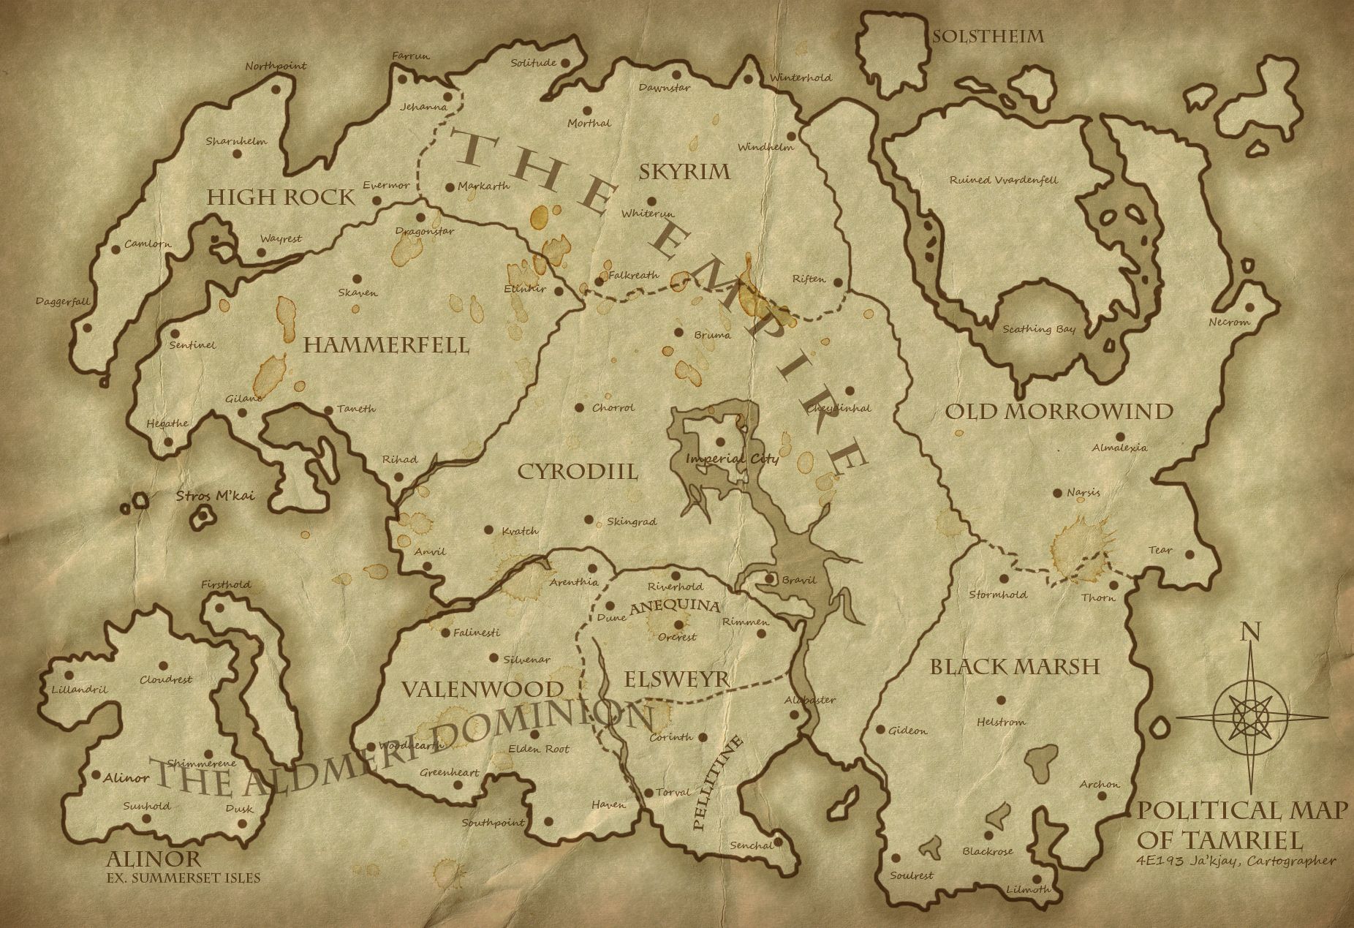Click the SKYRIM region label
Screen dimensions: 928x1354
click(684, 172)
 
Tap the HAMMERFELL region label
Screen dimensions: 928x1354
click(386, 345)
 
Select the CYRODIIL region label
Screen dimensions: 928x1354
click(578, 471)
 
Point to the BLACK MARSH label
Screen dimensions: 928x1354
click(1015, 666)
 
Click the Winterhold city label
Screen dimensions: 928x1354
click(800, 78)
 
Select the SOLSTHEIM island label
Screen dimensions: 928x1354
click(987, 36)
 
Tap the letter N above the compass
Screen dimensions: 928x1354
click(1248, 631)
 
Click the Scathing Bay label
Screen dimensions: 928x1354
click(1039, 329)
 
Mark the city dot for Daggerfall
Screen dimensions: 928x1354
click(88, 328)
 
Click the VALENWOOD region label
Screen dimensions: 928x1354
click(483, 689)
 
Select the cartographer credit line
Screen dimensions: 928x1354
click(1236, 861)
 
